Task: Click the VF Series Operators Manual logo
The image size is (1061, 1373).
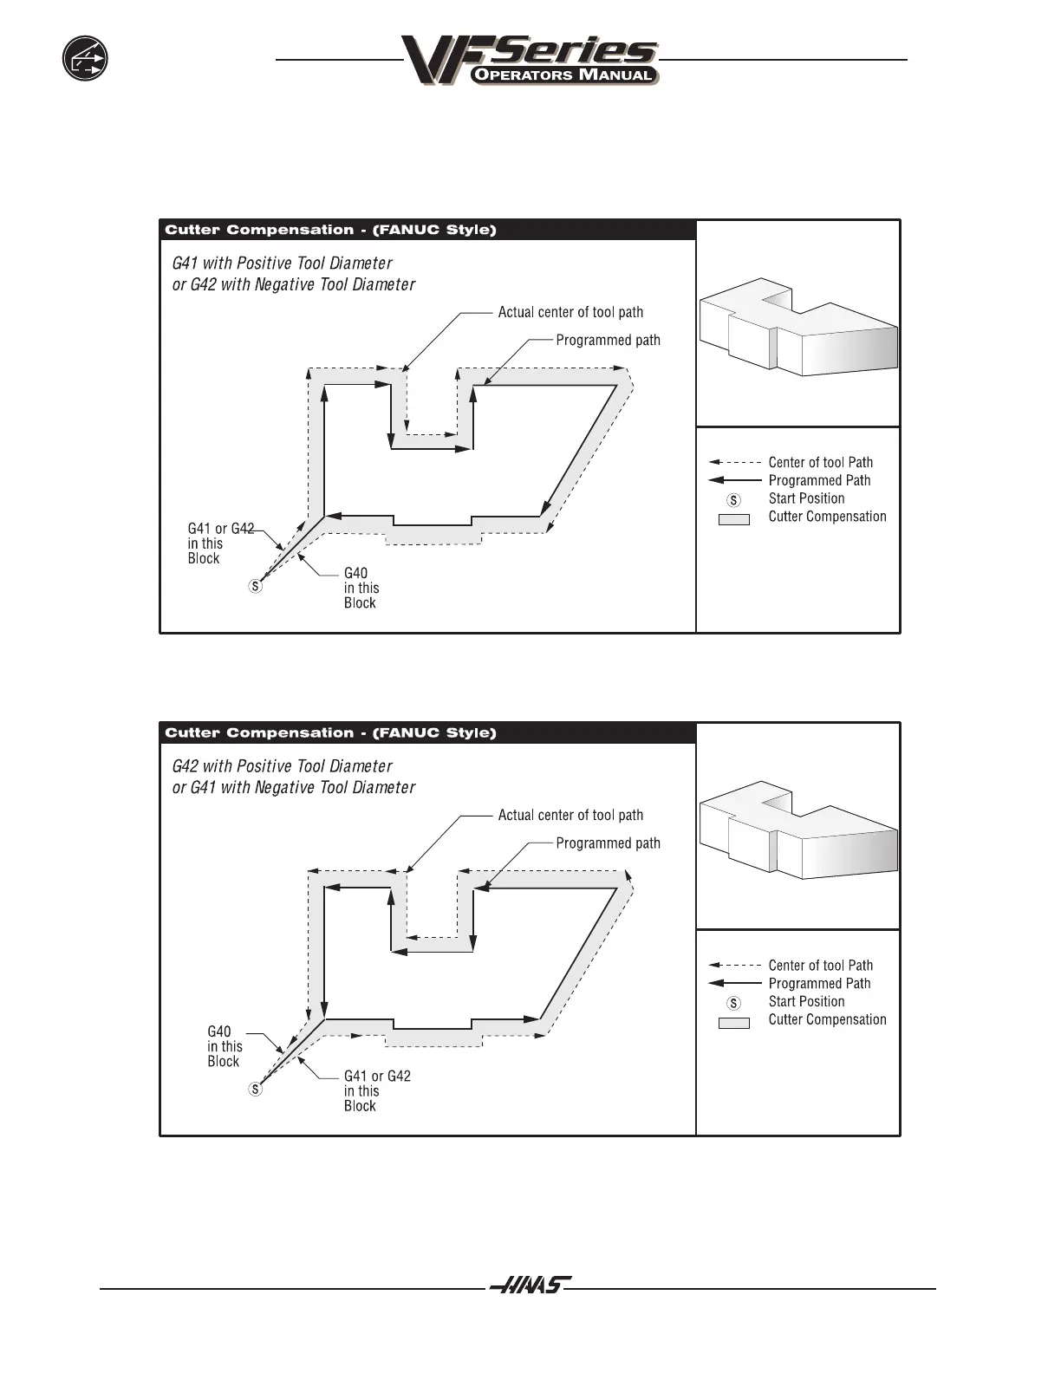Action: coord(530,61)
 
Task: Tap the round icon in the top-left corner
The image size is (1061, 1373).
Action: coord(85,59)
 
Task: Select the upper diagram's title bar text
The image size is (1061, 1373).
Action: coord(330,230)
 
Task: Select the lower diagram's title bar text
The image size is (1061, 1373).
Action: coord(330,732)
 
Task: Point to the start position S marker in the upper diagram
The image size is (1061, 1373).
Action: coord(255,586)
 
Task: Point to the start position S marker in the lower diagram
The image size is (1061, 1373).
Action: coord(255,1089)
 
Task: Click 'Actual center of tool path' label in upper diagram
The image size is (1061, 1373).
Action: coord(570,312)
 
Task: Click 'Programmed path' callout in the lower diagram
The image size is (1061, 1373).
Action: coord(608,843)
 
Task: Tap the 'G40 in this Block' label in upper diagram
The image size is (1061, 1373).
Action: coord(361,588)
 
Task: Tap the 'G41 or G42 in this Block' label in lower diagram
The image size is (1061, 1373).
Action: coord(376,1090)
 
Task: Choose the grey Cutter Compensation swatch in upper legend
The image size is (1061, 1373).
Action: coord(733,519)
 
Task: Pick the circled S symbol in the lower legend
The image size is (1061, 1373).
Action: coord(733,1003)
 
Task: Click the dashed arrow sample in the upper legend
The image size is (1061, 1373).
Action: coord(734,463)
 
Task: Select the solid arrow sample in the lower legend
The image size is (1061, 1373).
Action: coord(734,984)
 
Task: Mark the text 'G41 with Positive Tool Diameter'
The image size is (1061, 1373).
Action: coord(282,263)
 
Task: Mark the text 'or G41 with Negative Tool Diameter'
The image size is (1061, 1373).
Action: coord(294,787)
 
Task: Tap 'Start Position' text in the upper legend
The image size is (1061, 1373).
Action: coord(806,498)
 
